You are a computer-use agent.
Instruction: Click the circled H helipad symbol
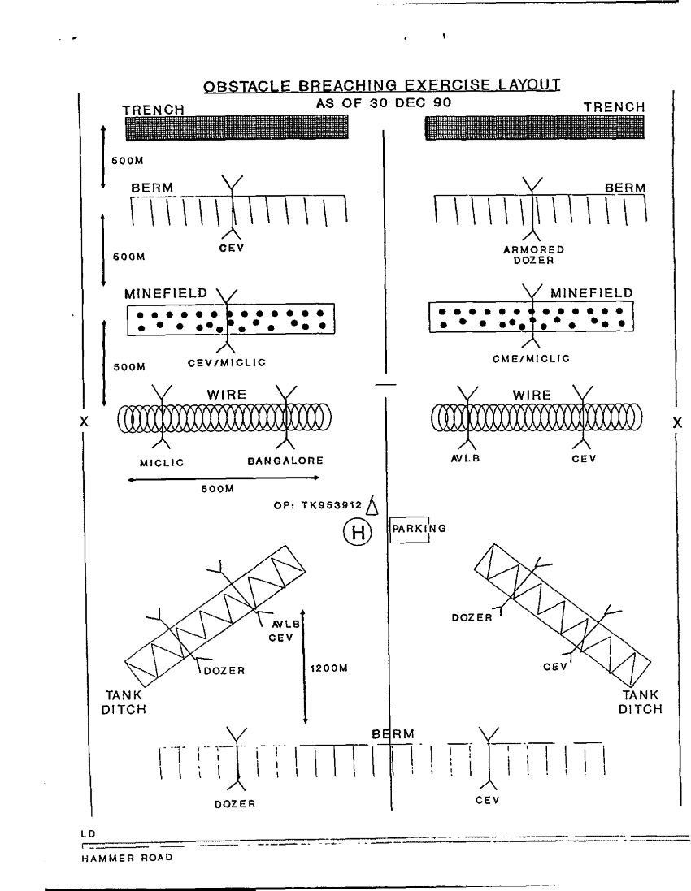coord(356,532)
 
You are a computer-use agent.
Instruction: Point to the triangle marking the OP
coord(372,506)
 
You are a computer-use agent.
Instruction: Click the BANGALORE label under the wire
coord(285,461)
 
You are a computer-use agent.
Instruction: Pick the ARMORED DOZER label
coord(533,255)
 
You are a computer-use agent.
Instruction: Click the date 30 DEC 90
coord(410,104)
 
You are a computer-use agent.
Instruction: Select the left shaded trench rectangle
coord(236,128)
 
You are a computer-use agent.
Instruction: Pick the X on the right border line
coord(678,422)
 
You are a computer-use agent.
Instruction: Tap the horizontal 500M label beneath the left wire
coord(217,489)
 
